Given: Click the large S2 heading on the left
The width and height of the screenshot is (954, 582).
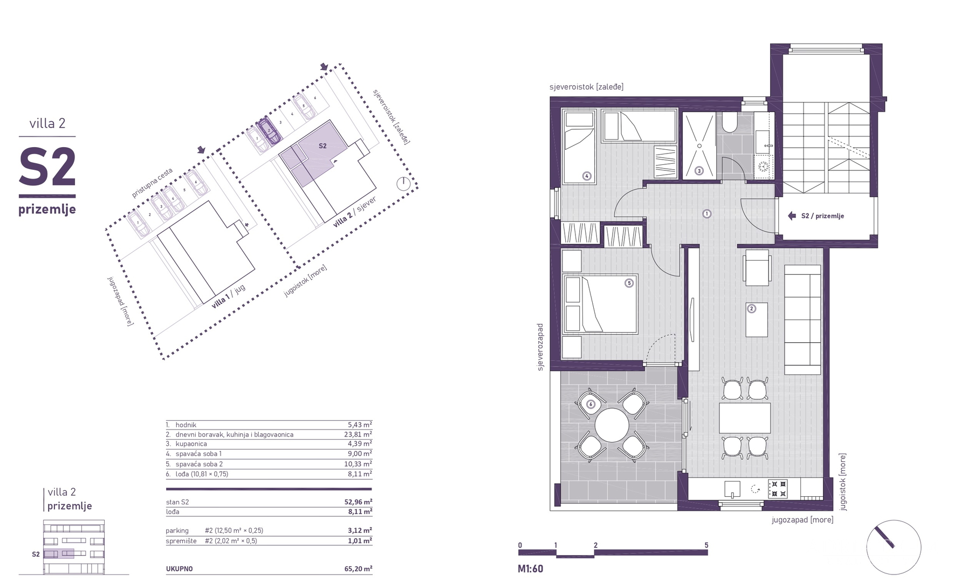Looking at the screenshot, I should tap(47, 168).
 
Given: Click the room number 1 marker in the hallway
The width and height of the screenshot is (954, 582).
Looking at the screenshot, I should tap(706, 213).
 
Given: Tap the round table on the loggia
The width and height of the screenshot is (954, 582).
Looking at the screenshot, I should tap(612, 425).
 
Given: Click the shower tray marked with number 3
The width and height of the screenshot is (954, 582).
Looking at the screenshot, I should tap(699, 145).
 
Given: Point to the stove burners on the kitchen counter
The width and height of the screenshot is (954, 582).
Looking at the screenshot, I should tap(778, 489).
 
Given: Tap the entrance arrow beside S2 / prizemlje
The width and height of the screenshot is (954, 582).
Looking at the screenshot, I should tap(792, 216).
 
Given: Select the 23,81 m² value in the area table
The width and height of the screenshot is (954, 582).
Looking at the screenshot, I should tap(360, 434).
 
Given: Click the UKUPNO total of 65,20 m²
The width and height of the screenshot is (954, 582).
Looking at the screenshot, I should tap(359, 569).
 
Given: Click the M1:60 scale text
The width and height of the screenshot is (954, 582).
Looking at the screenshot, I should tap(530, 569).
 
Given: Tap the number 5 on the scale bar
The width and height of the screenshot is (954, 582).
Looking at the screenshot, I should tap(706, 545).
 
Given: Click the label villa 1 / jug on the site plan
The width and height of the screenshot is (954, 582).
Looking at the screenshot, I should tap(228, 296).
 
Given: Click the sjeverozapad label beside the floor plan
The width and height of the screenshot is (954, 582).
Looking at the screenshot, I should tap(540, 347).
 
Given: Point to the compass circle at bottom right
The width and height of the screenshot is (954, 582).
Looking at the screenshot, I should tap(893, 547).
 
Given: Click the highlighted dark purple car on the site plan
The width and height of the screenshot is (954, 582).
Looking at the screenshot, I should tap(268, 131).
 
